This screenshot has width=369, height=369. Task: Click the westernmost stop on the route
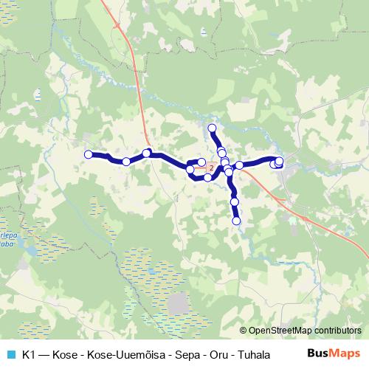tap(89, 154)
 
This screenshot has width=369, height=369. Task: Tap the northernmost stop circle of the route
tap(213, 128)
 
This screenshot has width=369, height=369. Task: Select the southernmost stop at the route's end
tap(237, 220)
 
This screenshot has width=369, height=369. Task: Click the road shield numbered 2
tap(212, 168)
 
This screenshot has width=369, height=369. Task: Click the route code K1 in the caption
tap(30, 354)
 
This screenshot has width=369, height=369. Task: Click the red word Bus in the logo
tap(318, 353)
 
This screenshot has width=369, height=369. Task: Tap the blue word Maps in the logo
tap(345, 353)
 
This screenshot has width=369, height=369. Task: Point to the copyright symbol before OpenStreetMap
tap(244, 331)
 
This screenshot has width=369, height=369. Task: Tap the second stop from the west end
tap(126, 161)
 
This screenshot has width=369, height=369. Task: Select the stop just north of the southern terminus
tap(235, 201)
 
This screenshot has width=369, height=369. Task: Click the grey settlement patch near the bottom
tap(178, 303)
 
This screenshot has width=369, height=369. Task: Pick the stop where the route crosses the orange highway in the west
tap(147, 153)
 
